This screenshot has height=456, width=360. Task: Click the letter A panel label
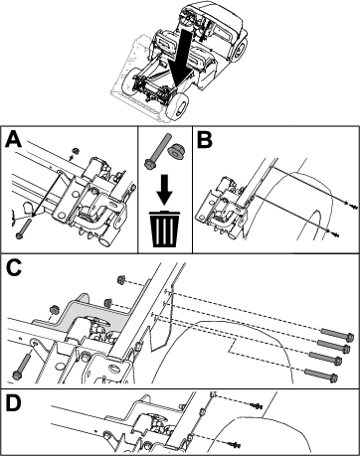pyautogui.click(x=13, y=139)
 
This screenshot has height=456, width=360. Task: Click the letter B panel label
pyautogui.click(x=204, y=140)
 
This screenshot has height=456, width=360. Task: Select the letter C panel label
pyautogui.click(x=14, y=267)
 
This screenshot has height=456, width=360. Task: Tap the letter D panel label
pyautogui.click(x=14, y=403)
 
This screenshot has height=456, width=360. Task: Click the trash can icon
pyautogui.click(x=165, y=228)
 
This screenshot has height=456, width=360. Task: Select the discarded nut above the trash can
pyautogui.click(x=176, y=152)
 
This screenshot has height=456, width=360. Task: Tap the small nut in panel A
pyautogui.click(x=76, y=151)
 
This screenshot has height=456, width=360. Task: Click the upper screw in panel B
pyautogui.click(x=351, y=206)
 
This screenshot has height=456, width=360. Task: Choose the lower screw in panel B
pyautogui.click(x=333, y=233)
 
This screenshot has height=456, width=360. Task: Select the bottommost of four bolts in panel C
pyautogui.click(x=321, y=375)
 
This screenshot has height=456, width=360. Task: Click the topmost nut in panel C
pyautogui.click(x=121, y=280)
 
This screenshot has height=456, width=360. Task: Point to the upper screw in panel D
pyautogui.click(x=257, y=404)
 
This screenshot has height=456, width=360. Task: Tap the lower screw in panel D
pyautogui.click(x=235, y=445)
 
